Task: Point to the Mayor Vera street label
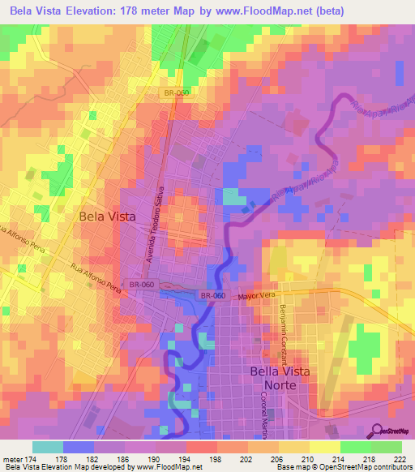click(257, 297)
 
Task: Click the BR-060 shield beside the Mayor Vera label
click(214, 296)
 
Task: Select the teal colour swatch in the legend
click(47, 447)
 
